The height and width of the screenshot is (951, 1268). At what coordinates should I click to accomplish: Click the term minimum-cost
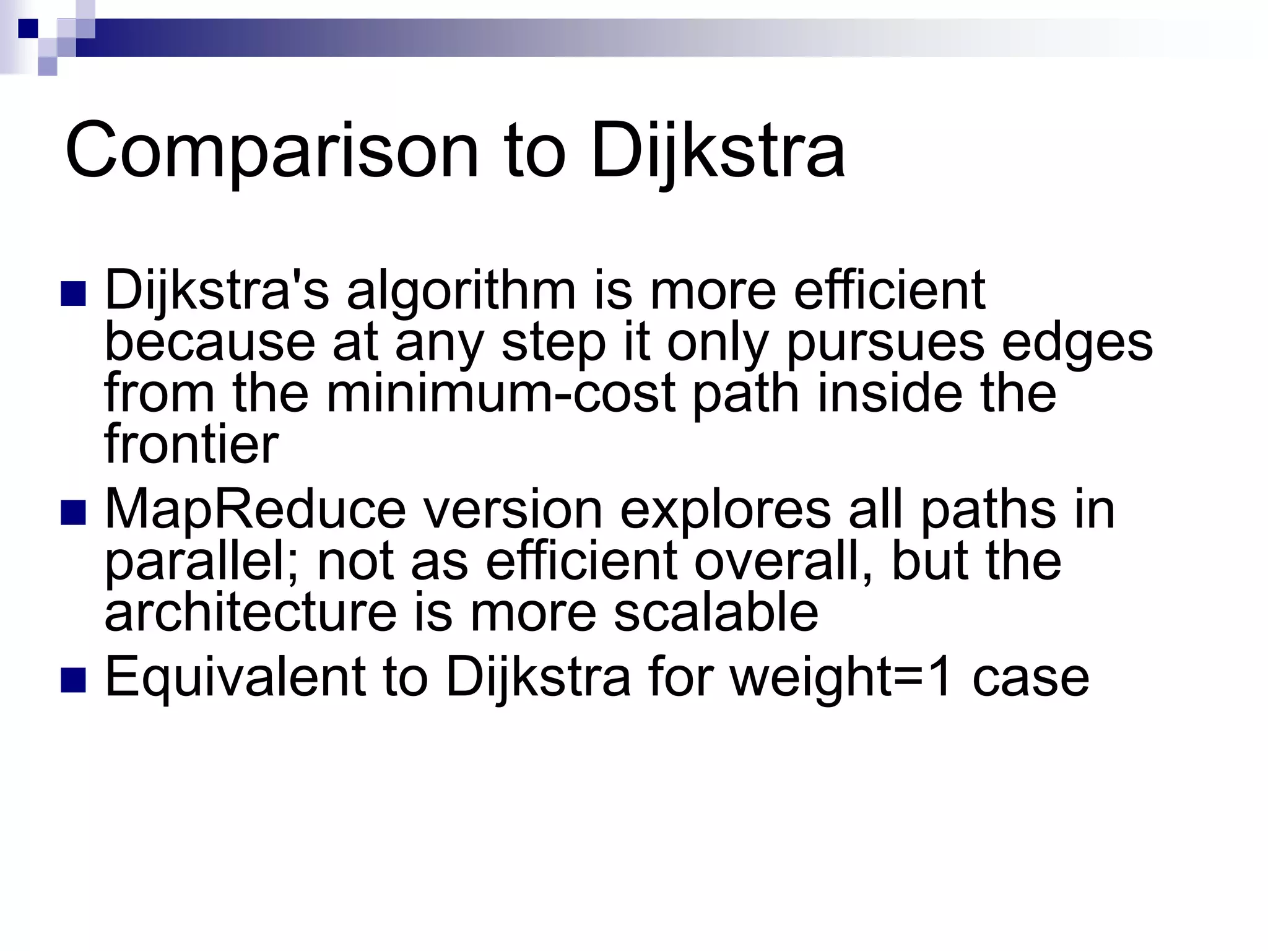pos(500,394)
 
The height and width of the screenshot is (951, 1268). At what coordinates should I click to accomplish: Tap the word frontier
pos(191,444)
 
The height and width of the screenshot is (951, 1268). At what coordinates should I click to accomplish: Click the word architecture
pos(251,612)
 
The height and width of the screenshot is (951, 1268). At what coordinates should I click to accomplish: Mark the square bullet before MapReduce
pos(73,513)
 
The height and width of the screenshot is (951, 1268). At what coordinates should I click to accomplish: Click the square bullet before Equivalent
pos(73,679)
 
